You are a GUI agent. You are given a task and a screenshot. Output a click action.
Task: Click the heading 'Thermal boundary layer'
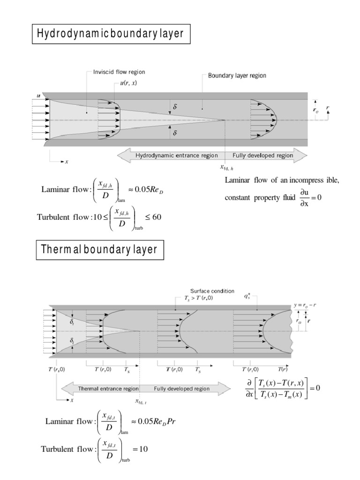(x=100, y=249)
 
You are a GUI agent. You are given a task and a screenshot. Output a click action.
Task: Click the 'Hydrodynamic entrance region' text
(x=176, y=155)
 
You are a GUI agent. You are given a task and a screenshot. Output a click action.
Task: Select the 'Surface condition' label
(x=212, y=291)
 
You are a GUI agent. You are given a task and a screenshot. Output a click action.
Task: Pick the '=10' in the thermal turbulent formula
(x=140, y=449)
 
